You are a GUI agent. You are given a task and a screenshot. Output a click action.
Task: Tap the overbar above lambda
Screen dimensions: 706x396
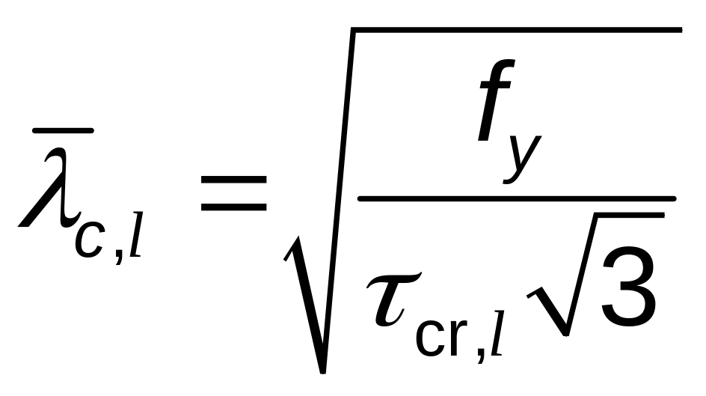pos(63,131)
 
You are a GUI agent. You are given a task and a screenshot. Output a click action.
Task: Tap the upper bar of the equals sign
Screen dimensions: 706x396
pos(233,180)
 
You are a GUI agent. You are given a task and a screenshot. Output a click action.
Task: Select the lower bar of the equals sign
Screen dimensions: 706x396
pos(233,207)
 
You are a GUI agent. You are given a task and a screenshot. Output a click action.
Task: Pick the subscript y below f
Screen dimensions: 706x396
pos(522,158)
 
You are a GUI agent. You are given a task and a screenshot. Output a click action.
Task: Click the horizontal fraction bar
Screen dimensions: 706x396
pos(517,198)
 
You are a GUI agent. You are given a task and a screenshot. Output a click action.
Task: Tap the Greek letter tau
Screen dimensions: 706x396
pos(393,298)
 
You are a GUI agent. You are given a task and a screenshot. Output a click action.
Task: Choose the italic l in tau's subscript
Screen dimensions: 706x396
pos(496,333)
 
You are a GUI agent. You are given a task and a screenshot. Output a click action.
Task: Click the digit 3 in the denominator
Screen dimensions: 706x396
pos(627,286)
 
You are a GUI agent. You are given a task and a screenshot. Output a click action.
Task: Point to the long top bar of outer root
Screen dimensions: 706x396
pos(517,30)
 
